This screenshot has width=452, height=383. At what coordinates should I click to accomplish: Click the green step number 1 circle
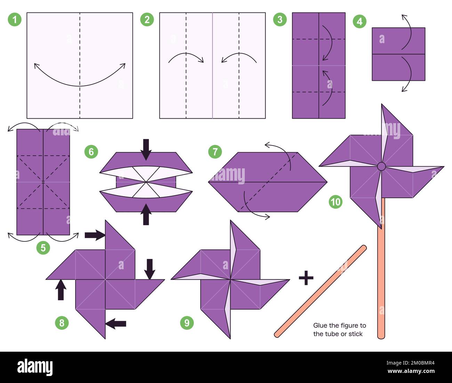15,19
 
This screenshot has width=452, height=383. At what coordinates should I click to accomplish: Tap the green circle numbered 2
147,19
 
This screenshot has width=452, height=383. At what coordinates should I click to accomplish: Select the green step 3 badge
280,19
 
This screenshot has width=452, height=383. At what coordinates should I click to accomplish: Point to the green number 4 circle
360,22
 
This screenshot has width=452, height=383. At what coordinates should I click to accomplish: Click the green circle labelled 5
43,248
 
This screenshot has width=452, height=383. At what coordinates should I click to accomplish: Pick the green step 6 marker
91,152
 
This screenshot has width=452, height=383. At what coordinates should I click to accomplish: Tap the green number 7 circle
215,152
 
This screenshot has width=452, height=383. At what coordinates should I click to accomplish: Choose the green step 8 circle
62,323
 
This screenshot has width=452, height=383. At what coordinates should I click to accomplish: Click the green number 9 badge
187,323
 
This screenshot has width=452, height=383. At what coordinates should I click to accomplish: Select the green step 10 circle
336,202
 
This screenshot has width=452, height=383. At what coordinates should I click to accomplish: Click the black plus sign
306,278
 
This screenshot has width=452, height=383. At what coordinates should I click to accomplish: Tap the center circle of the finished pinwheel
381,166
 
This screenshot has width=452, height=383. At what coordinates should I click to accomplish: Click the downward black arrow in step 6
146,149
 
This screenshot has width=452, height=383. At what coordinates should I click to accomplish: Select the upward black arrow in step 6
146,214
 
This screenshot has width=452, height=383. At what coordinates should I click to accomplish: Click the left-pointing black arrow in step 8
116,324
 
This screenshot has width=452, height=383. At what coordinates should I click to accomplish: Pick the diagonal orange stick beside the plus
320,291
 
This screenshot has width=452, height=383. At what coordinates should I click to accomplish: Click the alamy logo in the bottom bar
35,367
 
